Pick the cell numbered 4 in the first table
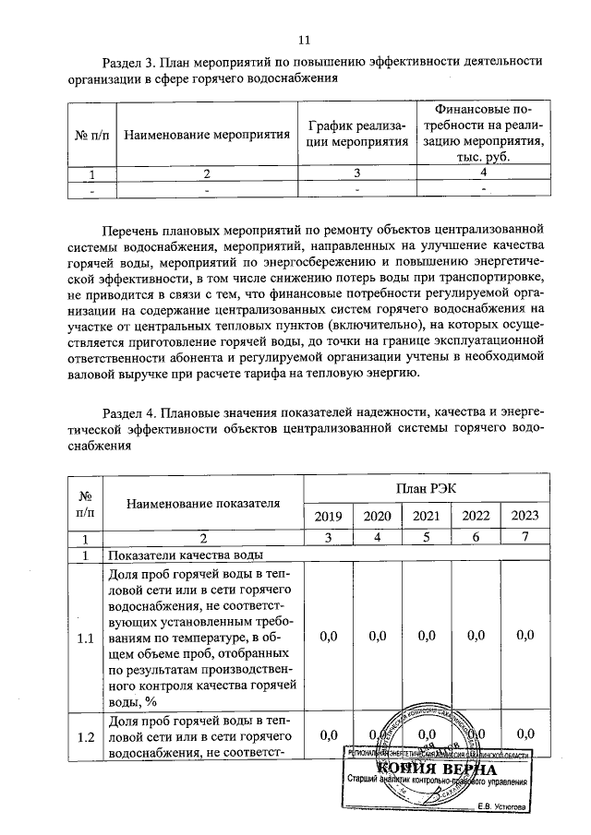pyautogui.click(x=482, y=173)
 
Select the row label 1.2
pyautogui.click(x=86, y=735)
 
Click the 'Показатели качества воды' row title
pyautogui.click(x=186, y=555)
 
